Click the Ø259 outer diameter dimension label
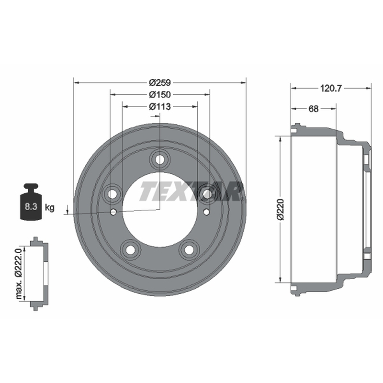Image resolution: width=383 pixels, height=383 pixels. [x=160, y=83]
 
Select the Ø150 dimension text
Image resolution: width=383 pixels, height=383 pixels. [x=160, y=94]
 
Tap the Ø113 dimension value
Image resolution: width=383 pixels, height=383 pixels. [x=160, y=106]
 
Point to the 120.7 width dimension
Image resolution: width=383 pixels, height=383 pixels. [x=331, y=88]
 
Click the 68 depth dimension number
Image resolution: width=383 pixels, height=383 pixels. [x=314, y=109]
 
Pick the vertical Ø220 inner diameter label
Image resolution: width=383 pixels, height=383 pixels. [x=281, y=209]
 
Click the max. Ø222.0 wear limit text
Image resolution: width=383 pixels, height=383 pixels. [x=19, y=273]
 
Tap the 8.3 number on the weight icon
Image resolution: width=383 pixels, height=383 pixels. [x=31, y=207]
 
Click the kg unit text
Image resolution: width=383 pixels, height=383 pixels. [x=50, y=208]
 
